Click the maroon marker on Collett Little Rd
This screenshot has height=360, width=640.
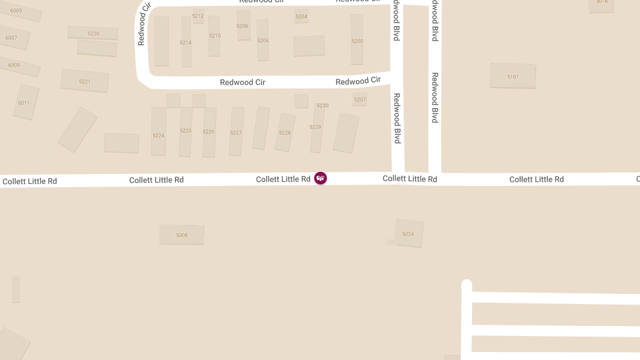tap(320, 178)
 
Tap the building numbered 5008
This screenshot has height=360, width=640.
tap(182, 235)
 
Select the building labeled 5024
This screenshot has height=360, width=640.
tap(408, 234)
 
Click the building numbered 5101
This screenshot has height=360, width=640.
tap(513, 76)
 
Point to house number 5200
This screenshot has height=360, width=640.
tap(357, 41)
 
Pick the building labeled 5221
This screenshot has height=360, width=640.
tap(84, 81)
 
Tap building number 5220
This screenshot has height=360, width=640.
tap(93, 33)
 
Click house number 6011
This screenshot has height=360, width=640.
tap(24, 102)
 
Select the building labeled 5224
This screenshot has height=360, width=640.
tap(158, 135)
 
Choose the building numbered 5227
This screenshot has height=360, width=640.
tap(236, 132)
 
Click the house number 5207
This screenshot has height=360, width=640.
tap(360, 99)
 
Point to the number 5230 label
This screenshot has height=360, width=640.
tap(323, 106)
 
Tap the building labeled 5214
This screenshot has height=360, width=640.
tap(186, 42)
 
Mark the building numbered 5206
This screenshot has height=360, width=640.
tap(262, 40)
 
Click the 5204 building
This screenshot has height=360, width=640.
tap(301, 17)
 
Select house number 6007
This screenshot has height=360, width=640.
tap(11, 38)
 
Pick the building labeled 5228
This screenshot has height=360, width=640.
tap(285, 132)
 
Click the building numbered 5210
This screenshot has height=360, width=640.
tap(214, 36)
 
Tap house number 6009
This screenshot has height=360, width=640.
tap(14, 65)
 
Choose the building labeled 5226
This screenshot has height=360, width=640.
tap(209, 132)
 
